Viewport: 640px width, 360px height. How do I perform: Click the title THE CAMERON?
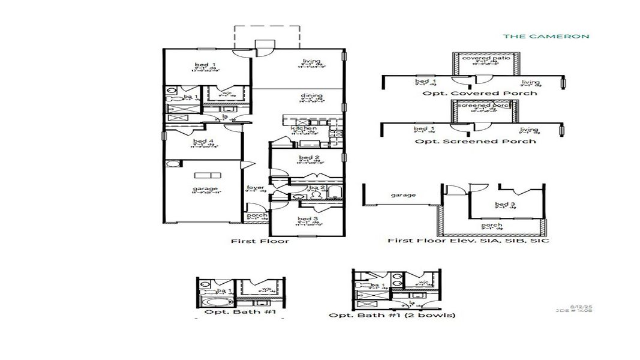coord(546,36)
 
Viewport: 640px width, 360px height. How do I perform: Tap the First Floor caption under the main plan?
coord(260,241)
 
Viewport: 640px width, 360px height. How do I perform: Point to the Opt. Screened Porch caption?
coord(475,141)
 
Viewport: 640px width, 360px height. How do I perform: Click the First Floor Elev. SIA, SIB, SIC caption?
coord(468,241)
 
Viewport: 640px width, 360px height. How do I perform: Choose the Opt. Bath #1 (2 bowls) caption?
coord(392,315)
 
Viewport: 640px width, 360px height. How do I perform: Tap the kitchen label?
coord(300,128)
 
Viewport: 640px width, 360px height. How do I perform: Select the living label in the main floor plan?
coord(311,61)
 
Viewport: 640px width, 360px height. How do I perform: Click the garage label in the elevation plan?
coord(404,195)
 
